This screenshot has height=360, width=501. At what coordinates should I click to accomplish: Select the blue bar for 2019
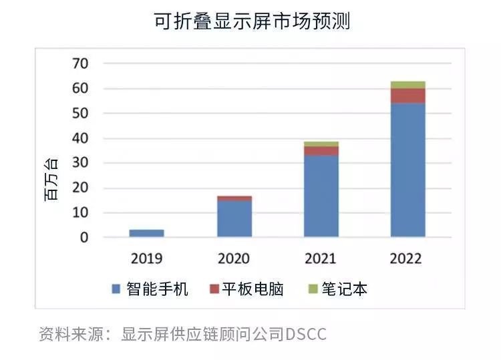coord(146,233)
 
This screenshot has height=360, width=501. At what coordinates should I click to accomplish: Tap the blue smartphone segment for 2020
coord(234,218)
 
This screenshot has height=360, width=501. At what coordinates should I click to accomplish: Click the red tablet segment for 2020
coord(234,198)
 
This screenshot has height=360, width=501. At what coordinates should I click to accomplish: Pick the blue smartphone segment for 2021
coord(321,196)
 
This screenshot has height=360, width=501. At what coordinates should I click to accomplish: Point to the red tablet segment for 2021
coord(321,151)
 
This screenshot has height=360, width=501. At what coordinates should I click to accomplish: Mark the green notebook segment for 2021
coord(321,144)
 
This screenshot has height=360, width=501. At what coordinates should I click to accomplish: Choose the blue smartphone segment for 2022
coord(407,170)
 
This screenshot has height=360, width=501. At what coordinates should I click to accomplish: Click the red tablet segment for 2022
coord(407,96)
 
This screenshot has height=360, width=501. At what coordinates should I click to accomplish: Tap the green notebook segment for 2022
coord(407,85)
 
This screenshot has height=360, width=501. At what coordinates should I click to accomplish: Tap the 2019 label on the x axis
coord(146,258)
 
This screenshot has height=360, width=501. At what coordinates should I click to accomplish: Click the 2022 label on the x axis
coord(406,258)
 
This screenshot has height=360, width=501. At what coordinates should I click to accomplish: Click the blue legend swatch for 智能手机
coord(116,289)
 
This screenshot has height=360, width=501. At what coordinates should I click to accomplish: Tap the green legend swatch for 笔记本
coord(311,289)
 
